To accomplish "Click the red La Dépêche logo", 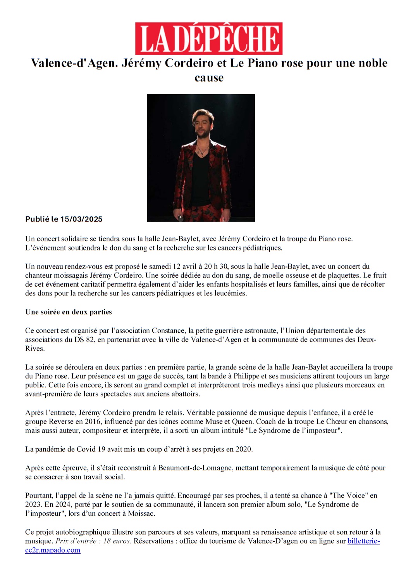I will (208, 38).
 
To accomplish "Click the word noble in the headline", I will (371, 63).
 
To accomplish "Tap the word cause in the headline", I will (209, 78).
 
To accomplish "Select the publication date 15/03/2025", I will (81, 219).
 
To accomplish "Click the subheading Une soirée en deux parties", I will (69, 312).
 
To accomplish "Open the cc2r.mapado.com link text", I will (53, 550).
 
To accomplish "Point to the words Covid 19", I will (91, 449).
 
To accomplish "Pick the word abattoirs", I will (184, 394).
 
